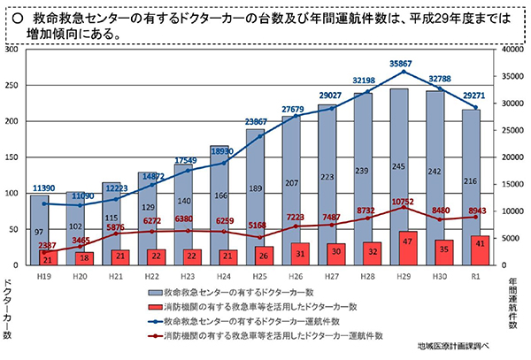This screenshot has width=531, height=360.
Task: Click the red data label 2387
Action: (x=47, y=246)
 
